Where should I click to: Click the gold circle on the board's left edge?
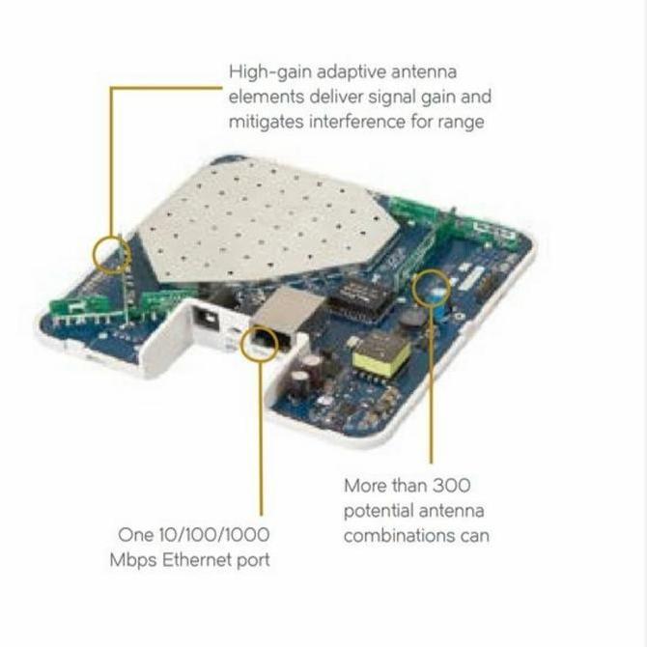click(112, 253)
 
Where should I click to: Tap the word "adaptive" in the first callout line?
click(352, 71)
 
